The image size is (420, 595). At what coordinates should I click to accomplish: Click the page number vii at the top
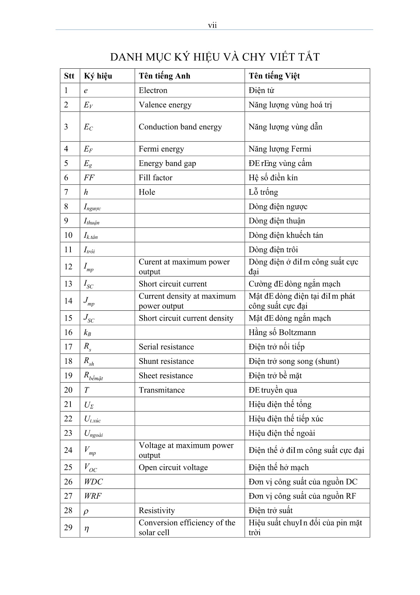pos(212,25)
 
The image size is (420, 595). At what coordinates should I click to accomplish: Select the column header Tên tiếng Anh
pos(164,76)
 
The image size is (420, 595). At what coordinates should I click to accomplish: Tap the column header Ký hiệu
pos(98,76)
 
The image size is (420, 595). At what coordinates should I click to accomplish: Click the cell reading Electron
pos(153,91)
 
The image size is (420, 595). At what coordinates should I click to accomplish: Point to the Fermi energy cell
pos(161,149)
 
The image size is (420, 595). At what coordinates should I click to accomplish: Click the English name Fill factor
pos(155,178)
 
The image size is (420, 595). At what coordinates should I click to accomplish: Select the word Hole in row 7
pos(147,192)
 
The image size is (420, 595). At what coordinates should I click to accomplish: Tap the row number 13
pos(68,284)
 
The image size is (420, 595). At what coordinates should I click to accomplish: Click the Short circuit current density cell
pos(186,318)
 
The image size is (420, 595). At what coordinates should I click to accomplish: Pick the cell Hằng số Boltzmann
pos(282,333)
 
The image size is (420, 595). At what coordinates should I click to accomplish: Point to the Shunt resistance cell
pos(166,361)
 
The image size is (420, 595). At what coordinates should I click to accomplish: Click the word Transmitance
pos(162,390)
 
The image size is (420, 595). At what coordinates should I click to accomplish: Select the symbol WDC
pos(93,482)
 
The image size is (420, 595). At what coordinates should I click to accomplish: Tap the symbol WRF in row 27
pos(93,496)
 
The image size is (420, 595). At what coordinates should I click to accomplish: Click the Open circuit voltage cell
pos(173,467)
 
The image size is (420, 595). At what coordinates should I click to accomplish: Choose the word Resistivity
pos(157,511)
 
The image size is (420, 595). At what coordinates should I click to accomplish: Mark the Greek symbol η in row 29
pos(86,528)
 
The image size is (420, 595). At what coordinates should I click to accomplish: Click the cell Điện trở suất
pos(270,511)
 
